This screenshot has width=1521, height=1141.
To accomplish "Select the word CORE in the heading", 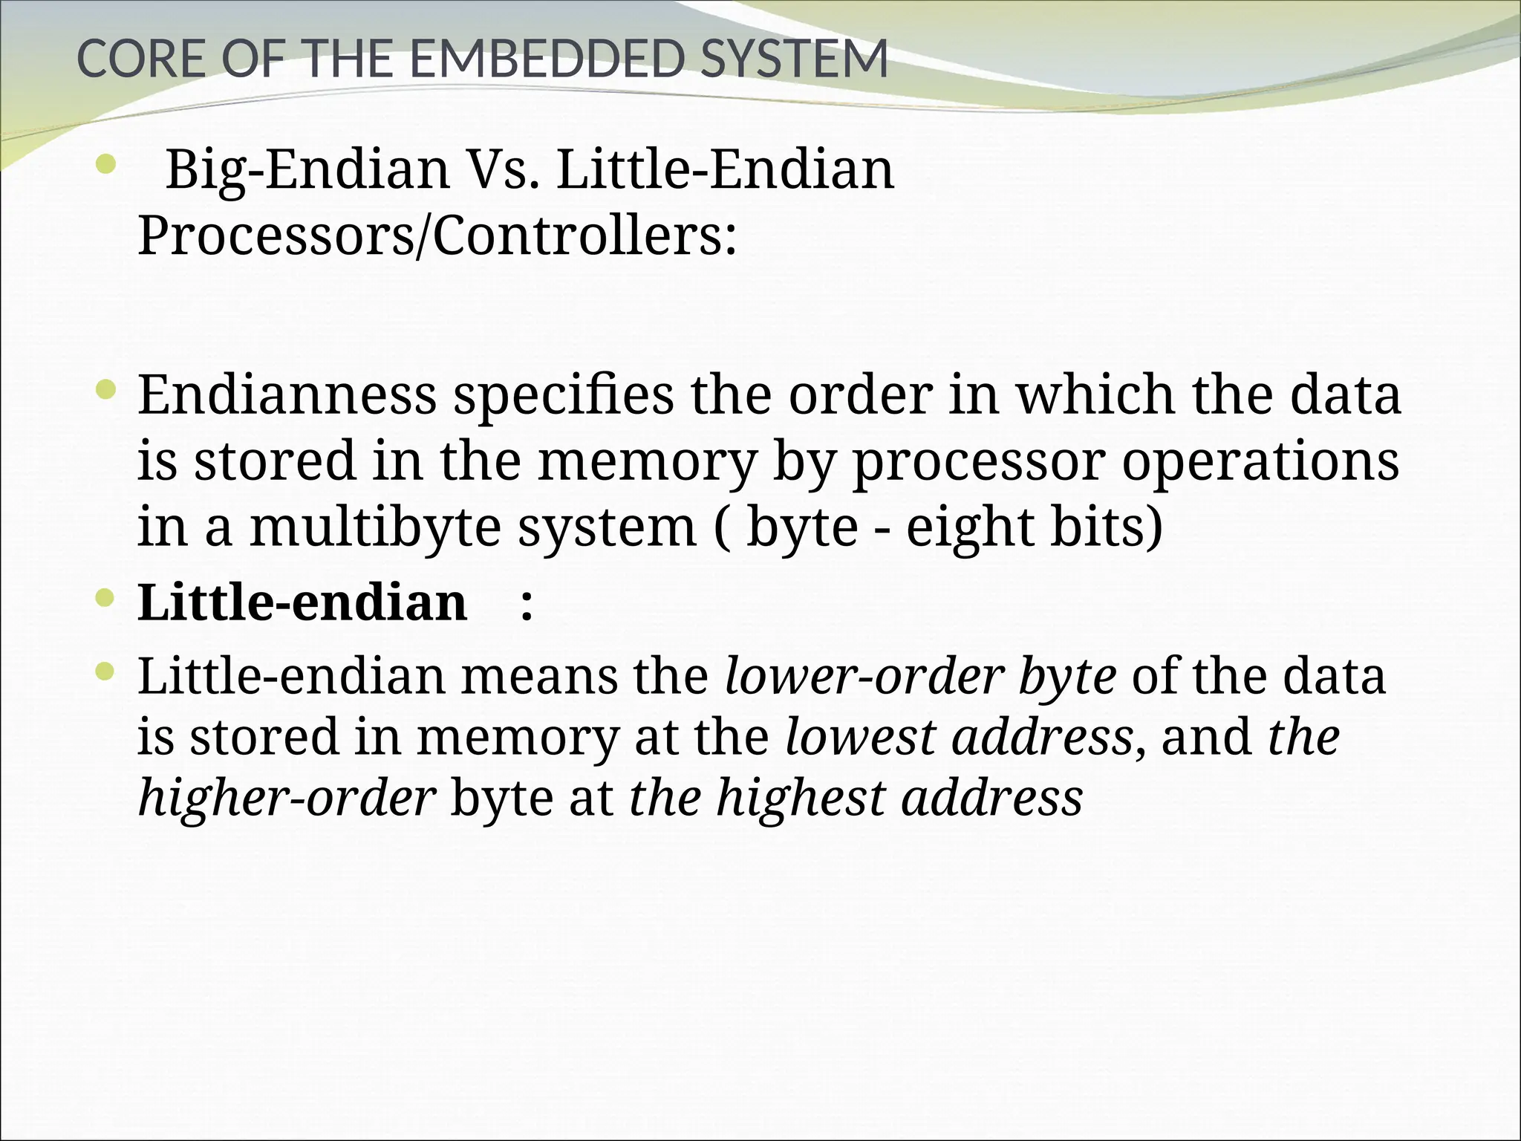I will click(x=140, y=59).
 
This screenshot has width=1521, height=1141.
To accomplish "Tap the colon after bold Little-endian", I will click(x=527, y=603).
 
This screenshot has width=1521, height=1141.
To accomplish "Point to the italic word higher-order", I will click(x=286, y=798).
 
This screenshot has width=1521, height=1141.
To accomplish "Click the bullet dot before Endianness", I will click(x=106, y=388).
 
